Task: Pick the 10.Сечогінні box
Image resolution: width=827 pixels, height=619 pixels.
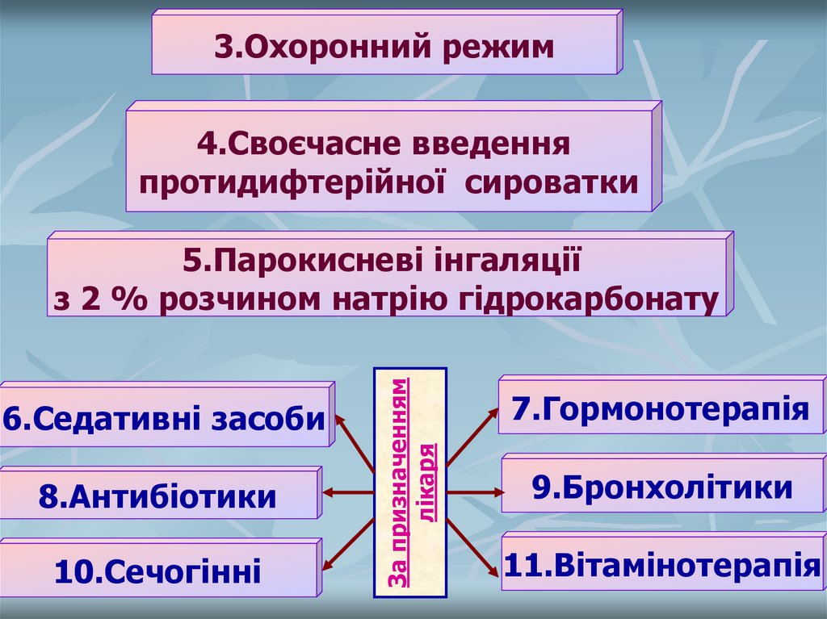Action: click(157, 572)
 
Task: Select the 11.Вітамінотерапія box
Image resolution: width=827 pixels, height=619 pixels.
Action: click(661, 564)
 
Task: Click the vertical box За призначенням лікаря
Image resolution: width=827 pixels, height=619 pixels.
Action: click(410, 483)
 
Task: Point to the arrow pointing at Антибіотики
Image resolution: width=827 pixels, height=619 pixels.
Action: click(348, 492)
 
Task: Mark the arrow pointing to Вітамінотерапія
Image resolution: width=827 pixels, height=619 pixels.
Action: click(473, 546)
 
